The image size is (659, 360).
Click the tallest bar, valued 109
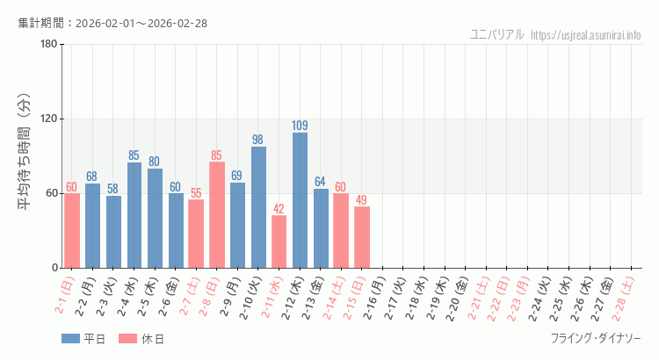pos(300,200)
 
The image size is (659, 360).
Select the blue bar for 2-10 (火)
pos(258,207)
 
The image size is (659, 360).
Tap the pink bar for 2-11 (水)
pos(279,241)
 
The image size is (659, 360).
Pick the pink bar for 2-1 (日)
pos(72,230)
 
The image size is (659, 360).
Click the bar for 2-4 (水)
pos(134,215)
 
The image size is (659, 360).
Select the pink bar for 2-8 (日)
pos(217,215)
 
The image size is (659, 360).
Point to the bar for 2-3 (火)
pos(113,232)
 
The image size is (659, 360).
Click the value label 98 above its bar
pos(258,140)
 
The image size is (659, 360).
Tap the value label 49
pos(361,200)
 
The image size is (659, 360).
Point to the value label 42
pos(279,209)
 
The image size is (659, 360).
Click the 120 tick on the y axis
pos(49,119)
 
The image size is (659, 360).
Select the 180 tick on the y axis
pos(49,44)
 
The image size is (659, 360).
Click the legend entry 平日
pos(83,339)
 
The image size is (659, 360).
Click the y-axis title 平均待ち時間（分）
pos(26,155)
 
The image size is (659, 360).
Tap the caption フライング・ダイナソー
pos(596,339)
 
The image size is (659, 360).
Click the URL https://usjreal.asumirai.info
pos(586,35)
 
